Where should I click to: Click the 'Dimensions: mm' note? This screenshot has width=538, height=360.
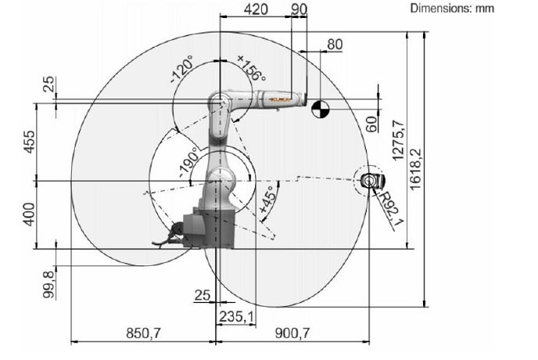point(452,8)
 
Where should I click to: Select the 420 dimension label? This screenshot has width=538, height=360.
point(256,9)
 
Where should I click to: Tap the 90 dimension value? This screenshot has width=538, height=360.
point(299,9)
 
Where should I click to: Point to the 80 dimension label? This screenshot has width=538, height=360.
point(335,45)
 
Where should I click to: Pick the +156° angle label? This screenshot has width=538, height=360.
point(252,68)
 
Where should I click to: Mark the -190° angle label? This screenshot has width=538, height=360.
point(188,162)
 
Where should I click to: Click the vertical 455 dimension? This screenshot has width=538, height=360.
point(29,142)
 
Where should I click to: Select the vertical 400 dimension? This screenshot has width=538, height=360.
point(29,214)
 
